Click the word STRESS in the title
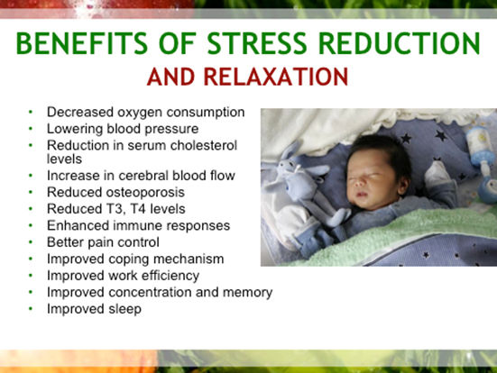[257, 43]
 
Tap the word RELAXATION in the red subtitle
[276, 77]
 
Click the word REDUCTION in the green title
[400, 43]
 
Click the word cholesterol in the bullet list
[204, 145]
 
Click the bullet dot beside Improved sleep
[31, 308]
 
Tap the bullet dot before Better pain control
[31, 242]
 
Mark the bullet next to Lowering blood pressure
[31, 129]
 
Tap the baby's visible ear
[403, 186]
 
